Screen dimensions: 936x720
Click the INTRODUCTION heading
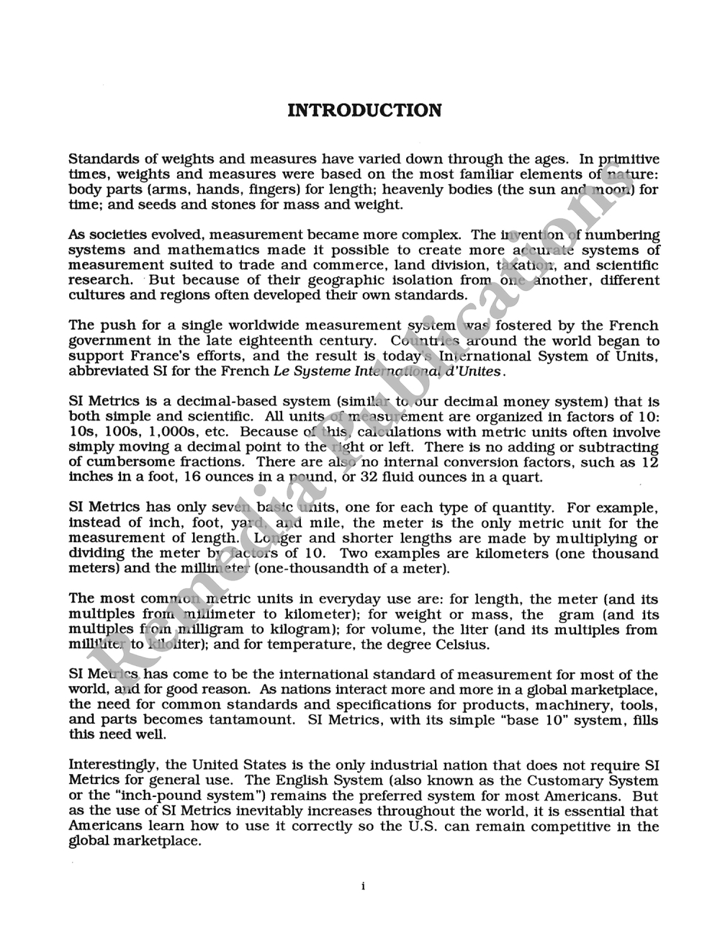pyautogui.click(x=364, y=110)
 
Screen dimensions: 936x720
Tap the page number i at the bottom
pyautogui.click(x=363, y=886)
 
